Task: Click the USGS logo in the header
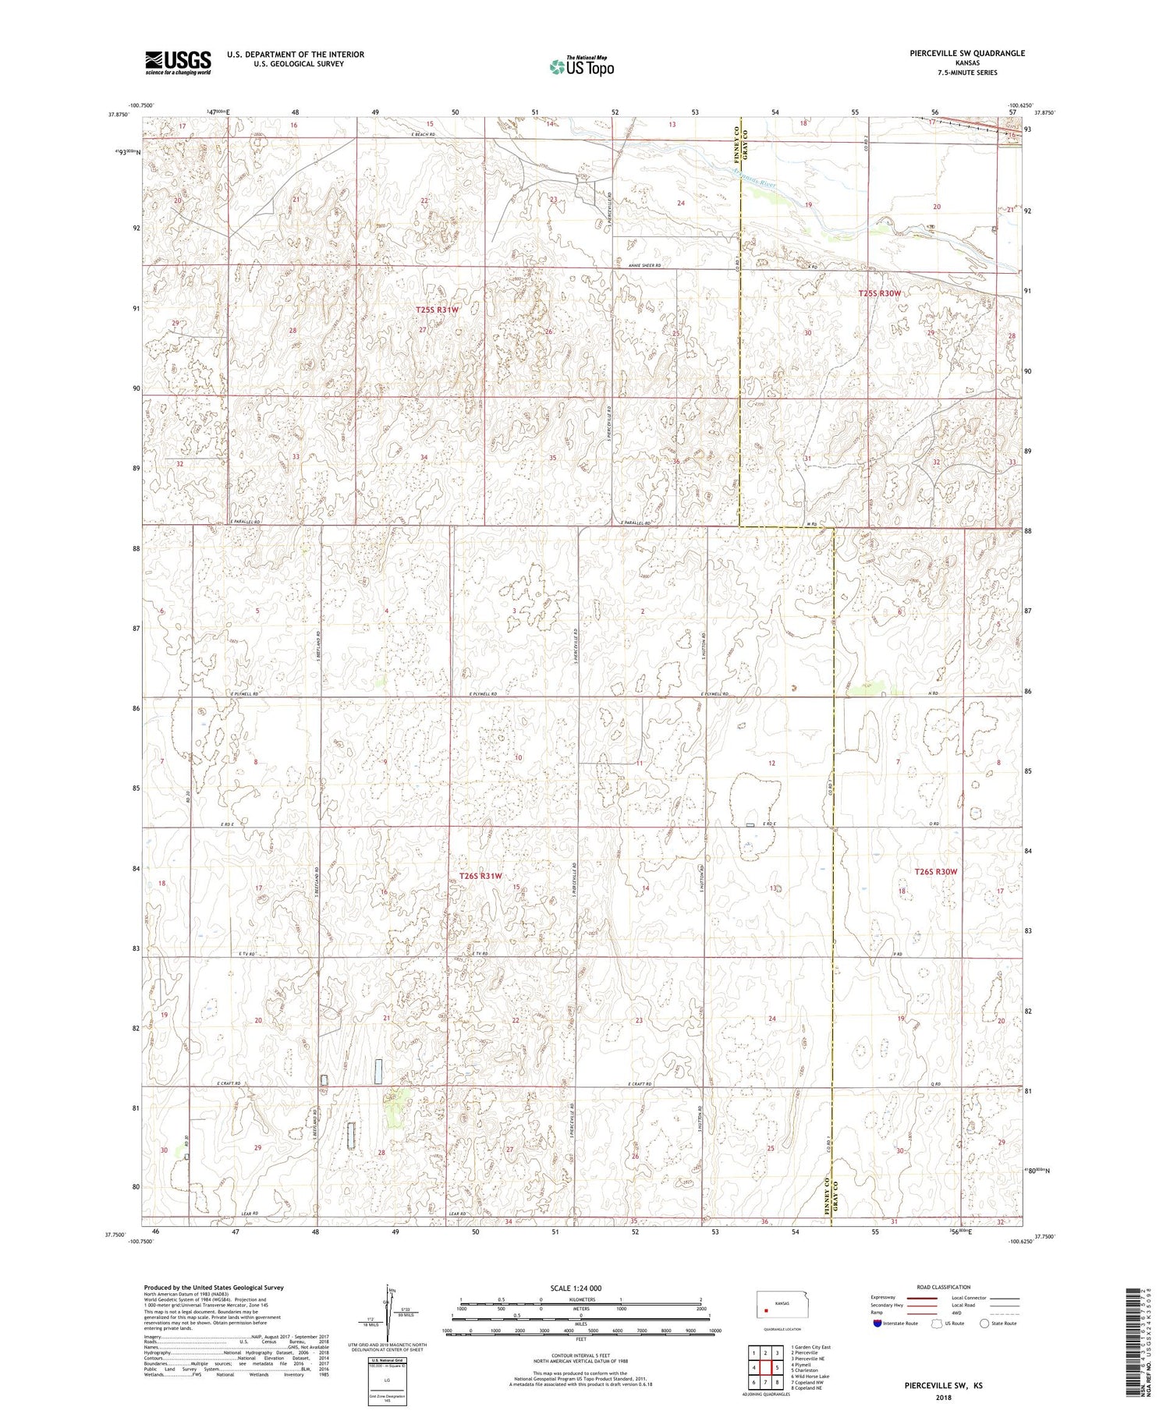(x=178, y=62)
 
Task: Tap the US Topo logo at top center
(x=581, y=67)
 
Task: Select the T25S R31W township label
(x=437, y=310)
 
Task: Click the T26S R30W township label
(x=935, y=871)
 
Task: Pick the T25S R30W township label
(x=879, y=293)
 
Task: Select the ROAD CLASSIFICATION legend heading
(x=944, y=1287)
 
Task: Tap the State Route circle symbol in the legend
(x=984, y=1324)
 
